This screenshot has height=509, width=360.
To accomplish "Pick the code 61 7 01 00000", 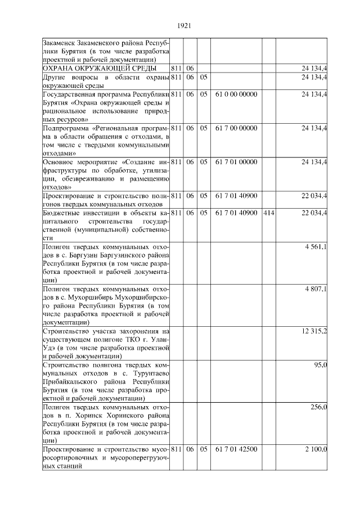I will point(236,162).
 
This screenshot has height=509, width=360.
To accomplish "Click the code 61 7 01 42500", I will point(236,449).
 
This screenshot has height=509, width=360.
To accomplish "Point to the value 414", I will point(268,213).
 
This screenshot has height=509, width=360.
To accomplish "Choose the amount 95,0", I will point(321,365).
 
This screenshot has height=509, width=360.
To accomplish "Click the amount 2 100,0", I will point(316,449).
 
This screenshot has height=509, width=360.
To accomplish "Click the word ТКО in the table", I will point(146,340).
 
